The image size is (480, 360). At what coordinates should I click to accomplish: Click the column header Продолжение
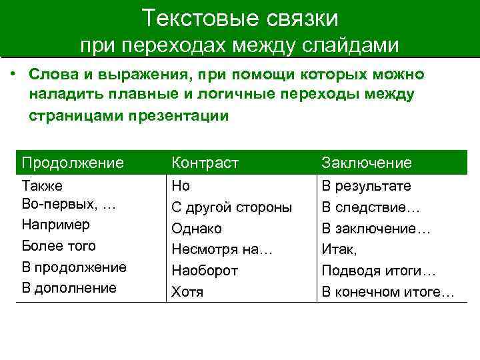pyautogui.click(x=73, y=163)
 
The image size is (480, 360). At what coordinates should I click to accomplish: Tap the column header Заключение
pyautogui.click(x=367, y=163)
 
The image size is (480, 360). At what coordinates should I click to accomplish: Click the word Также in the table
pyautogui.click(x=43, y=186)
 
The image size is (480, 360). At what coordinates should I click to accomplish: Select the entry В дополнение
pyautogui.click(x=69, y=288)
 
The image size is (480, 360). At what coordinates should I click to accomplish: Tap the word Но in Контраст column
pyautogui.click(x=181, y=186)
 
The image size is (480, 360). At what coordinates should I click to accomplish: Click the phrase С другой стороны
pyautogui.click(x=231, y=207)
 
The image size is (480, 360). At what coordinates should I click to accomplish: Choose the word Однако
pyautogui.click(x=197, y=229)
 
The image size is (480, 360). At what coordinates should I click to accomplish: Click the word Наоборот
pyautogui.click(x=205, y=271)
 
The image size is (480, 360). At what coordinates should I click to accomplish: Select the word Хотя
pyautogui.click(x=187, y=291)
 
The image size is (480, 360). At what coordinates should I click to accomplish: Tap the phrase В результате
pyautogui.click(x=366, y=186)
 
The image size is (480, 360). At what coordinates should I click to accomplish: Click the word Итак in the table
pyautogui.click(x=339, y=249)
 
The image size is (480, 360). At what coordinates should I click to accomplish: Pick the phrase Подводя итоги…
pyautogui.click(x=379, y=271)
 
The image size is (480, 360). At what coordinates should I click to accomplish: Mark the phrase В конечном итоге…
pyautogui.click(x=388, y=291)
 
